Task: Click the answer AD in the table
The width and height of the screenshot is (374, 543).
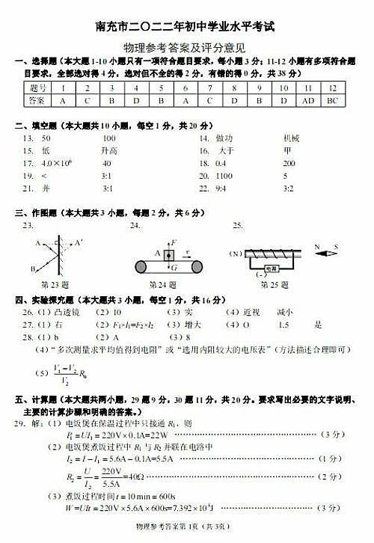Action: click(308, 99)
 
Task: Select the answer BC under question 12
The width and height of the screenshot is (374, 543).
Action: click(333, 99)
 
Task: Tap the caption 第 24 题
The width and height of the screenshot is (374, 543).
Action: click(162, 284)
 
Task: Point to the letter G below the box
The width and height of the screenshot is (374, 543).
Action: click(174, 266)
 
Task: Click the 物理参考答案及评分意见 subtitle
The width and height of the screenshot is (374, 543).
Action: click(187, 46)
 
